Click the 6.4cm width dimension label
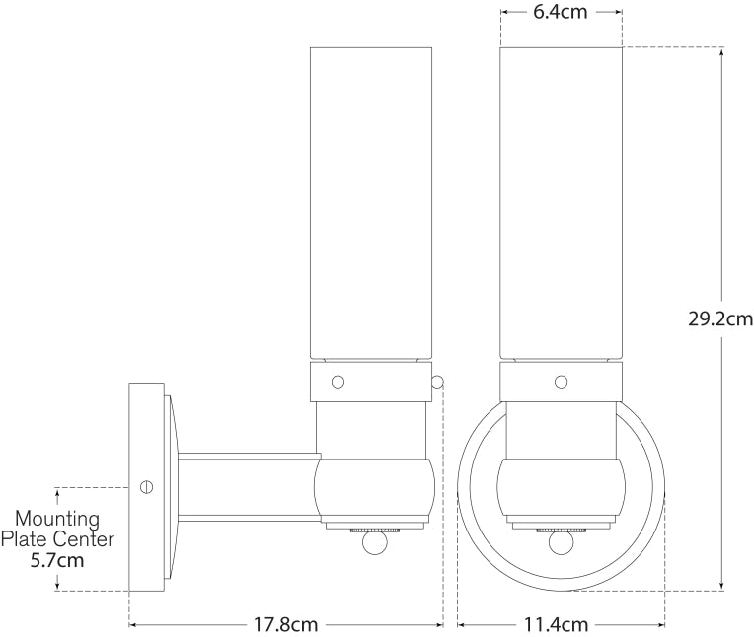(x=562, y=14)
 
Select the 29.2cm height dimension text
(x=721, y=318)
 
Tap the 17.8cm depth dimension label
(x=283, y=624)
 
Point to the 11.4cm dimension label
(x=561, y=624)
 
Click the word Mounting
(x=57, y=519)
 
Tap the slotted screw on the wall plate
(x=148, y=486)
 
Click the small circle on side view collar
(x=338, y=381)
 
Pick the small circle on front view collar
(x=561, y=381)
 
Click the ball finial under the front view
(x=561, y=543)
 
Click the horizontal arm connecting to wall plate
(x=247, y=486)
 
